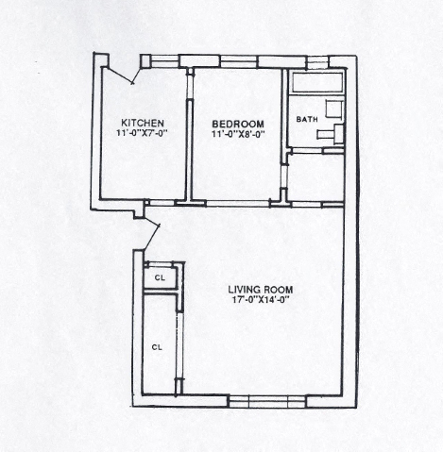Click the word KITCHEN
click(x=143, y=123)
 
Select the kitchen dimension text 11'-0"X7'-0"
click(x=141, y=133)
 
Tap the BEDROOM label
click(x=238, y=124)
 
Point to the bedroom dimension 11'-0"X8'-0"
click(x=238, y=134)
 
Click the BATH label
click(x=307, y=119)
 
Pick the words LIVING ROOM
click(x=261, y=290)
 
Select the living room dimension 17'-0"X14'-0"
click(x=261, y=300)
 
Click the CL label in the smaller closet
click(x=160, y=277)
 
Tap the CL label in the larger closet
click(x=157, y=347)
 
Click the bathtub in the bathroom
click(x=317, y=82)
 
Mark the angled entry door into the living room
click(x=152, y=234)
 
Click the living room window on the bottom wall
click(x=266, y=402)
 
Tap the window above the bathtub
click(x=317, y=62)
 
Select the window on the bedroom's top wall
click(x=239, y=61)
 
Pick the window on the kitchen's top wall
click(x=163, y=61)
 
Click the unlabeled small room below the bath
click(x=315, y=176)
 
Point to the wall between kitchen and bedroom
click(x=190, y=135)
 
